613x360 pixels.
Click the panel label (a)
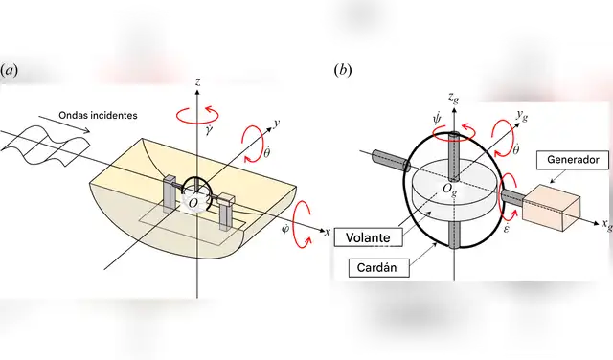10,71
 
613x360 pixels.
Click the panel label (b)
342,71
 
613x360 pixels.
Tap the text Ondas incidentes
97,116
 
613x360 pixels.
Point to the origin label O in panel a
193,202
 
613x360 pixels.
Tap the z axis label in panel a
196,83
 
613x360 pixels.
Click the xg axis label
605,226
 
